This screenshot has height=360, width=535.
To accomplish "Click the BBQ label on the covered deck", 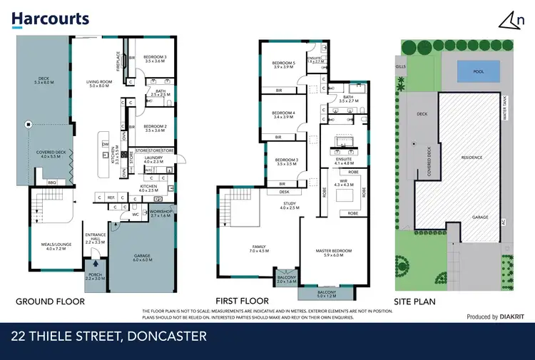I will tap(51, 182).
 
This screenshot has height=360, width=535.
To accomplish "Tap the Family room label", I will tap(258, 250).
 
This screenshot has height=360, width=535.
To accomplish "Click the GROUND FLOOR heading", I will tap(50, 302).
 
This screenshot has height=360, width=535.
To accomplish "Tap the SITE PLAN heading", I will tap(415, 302).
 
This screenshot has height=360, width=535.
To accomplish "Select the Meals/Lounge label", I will tap(55, 247).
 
